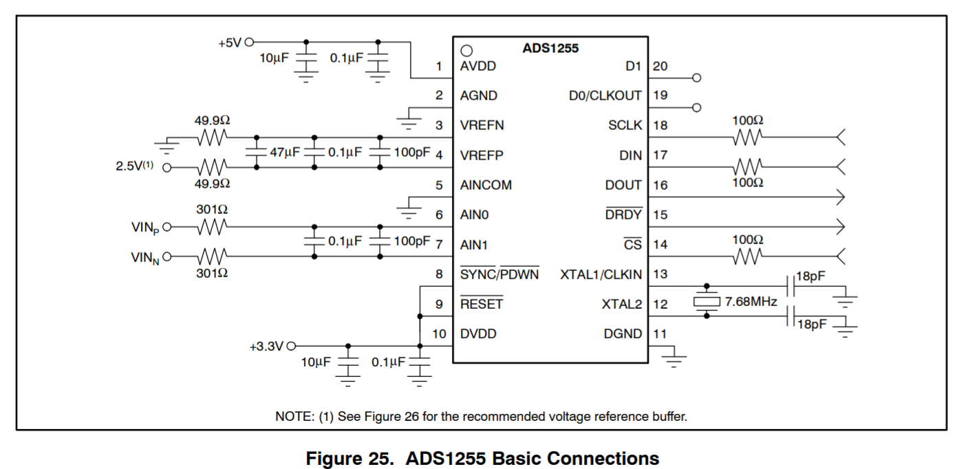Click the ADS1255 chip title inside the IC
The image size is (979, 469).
click(550, 49)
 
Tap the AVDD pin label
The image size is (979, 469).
click(478, 67)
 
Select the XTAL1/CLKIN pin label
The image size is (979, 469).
click(601, 274)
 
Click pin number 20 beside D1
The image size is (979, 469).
click(660, 67)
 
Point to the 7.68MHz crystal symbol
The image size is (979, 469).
click(706, 301)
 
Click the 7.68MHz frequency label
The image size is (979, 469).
click(751, 301)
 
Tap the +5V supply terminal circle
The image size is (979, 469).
click(249, 42)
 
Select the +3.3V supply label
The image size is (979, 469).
click(266, 347)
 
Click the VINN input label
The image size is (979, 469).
click(146, 257)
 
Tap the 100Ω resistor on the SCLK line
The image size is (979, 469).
click(747, 138)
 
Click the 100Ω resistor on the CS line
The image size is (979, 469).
click(747, 257)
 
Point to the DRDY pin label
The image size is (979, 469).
click(623, 215)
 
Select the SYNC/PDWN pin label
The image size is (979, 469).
click(499, 274)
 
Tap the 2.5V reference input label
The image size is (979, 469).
click(134, 166)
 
